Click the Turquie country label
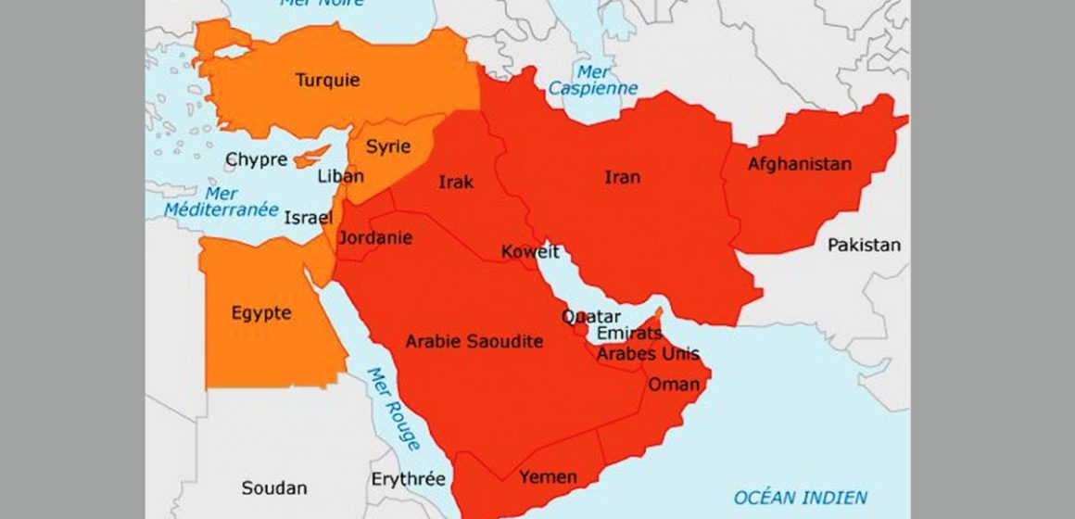click(x=327, y=80)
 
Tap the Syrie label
click(x=387, y=146)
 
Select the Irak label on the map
click(x=456, y=182)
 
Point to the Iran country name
click(x=622, y=176)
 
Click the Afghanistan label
click(x=799, y=164)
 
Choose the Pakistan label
click(x=863, y=245)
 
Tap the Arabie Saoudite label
click(x=474, y=342)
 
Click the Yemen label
click(x=548, y=477)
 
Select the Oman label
click(x=666, y=385)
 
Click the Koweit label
click(x=530, y=252)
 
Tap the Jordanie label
click(x=375, y=238)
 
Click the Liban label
click(x=340, y=176)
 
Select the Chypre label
click(x=256, y=159)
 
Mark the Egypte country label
click(x=261, y=313)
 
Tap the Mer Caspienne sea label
click(x=593, y=80)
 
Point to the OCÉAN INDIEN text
click(x=801, y=497)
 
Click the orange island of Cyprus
click(x=311, y=157)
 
